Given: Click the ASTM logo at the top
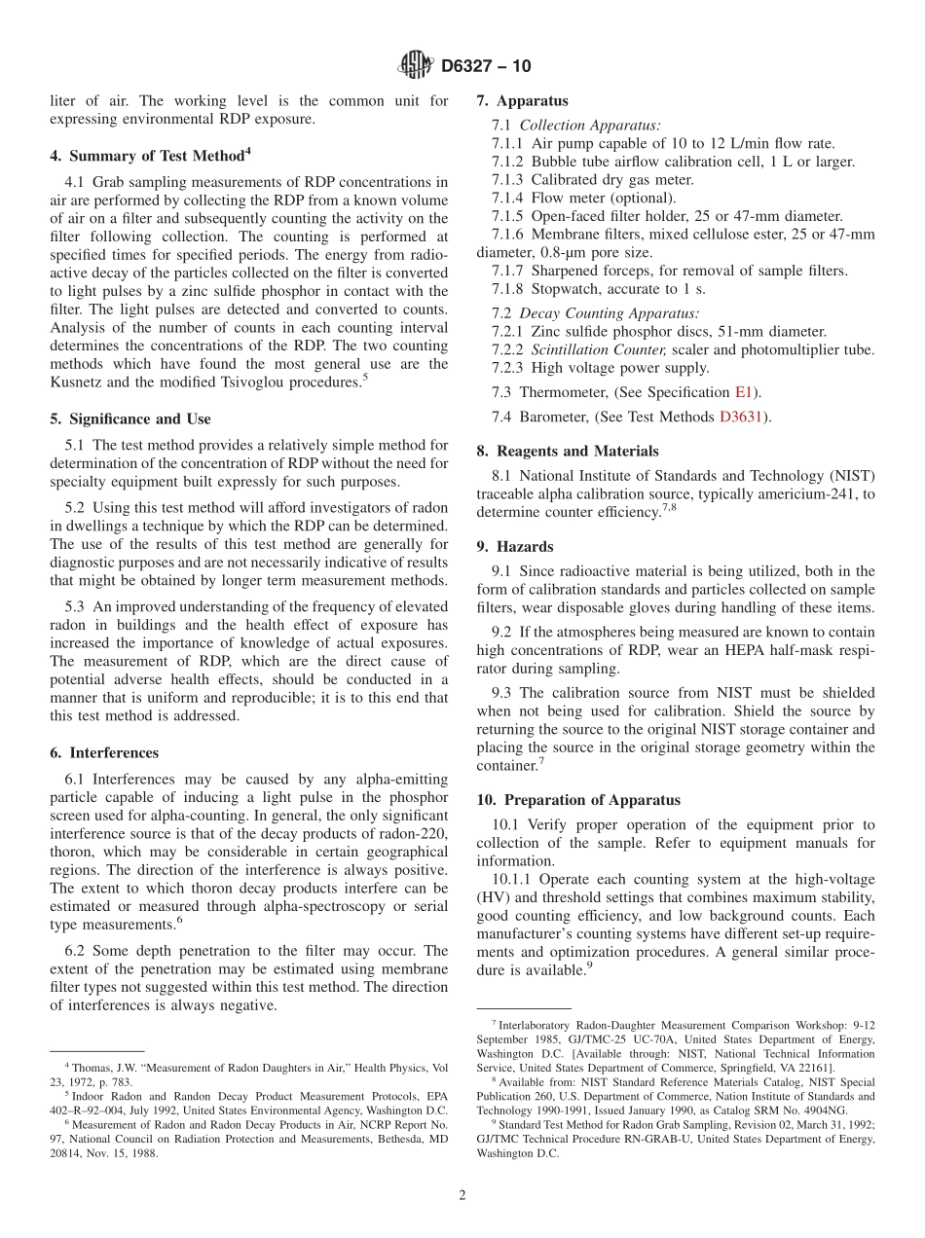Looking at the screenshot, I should click(x=416, y=66).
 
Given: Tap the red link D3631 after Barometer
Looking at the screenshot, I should click(x=741, y=418).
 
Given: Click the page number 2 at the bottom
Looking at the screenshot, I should click(x=462, y=1196).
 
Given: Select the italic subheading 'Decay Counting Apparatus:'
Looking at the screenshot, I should click(x=609, y=313).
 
